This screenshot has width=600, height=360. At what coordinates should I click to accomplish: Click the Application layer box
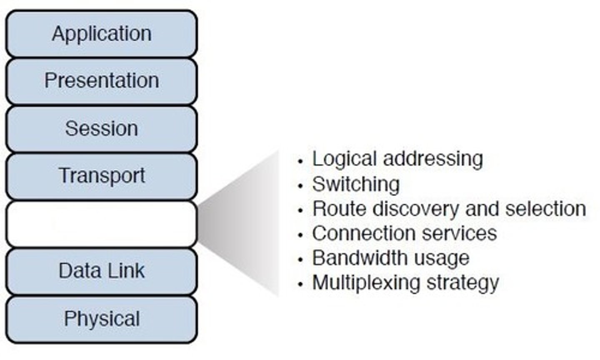coord(101,34)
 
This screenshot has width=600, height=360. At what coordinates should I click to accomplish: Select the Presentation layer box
coord(101,81)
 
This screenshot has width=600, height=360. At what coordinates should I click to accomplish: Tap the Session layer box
coord(101,128)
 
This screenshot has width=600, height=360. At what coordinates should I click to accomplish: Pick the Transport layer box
coord(101,175)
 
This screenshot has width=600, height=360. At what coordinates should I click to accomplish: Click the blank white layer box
coord(101,224)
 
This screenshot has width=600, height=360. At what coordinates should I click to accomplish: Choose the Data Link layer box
coord(101,271)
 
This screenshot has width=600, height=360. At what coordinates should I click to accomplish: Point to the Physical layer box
coord(101,319)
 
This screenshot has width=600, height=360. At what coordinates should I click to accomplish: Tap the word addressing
coord(433,159)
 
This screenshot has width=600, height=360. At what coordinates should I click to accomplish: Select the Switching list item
coord(356,184)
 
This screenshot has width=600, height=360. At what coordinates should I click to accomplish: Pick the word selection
coord(545,209)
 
